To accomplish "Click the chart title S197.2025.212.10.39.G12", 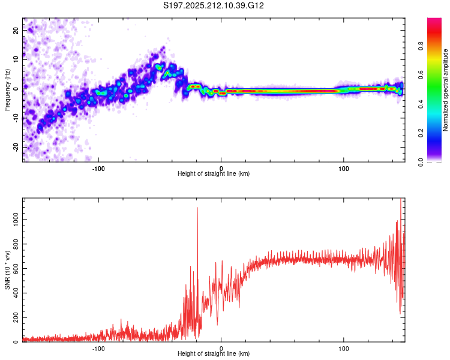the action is (x=213, y=5).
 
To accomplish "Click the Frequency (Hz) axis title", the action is (x=7, y=90).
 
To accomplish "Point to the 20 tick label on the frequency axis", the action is (x=16, y=30).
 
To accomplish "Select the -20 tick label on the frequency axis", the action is (x=16, y=147).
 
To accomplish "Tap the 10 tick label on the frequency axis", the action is (x=16, y=59).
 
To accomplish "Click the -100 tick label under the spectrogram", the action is (x=98, y=169).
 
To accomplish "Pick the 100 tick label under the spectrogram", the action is (x=344, y=169).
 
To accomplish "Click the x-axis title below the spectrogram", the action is (x=214, y=173).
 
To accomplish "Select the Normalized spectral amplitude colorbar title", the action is (x=445, y=90).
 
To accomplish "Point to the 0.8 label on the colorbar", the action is (x=421, y=46).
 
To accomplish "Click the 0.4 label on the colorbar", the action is (x=421, y=104).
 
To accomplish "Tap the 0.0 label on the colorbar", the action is (x=421, y=163).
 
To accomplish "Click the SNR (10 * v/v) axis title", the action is (x=7, y=270).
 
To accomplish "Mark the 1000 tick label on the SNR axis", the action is (x=16, y=220).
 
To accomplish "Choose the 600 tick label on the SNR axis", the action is (x=16, y=269).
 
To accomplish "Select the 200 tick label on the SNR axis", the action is (x=16, y=317).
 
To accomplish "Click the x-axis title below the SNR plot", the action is (x=214, y=353).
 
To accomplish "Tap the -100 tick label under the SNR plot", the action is (x=98, y=349).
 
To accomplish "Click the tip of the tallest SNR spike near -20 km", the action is (x=197, y=207).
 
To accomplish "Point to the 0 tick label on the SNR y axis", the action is (x=16, y=342).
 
